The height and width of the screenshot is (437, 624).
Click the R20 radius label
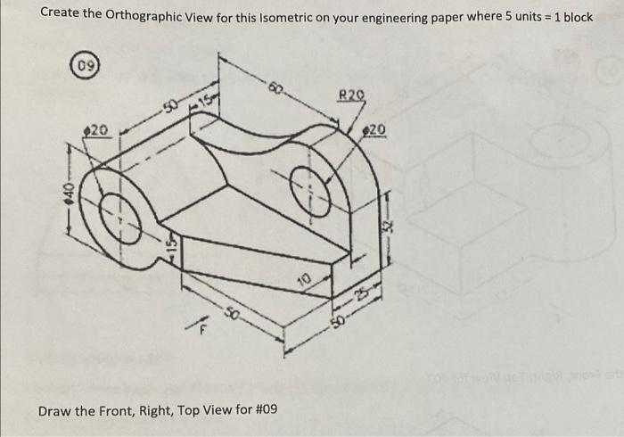[352, 95]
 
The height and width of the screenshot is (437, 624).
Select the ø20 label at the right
[375, 131]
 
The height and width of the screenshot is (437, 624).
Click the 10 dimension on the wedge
[305, 283]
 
